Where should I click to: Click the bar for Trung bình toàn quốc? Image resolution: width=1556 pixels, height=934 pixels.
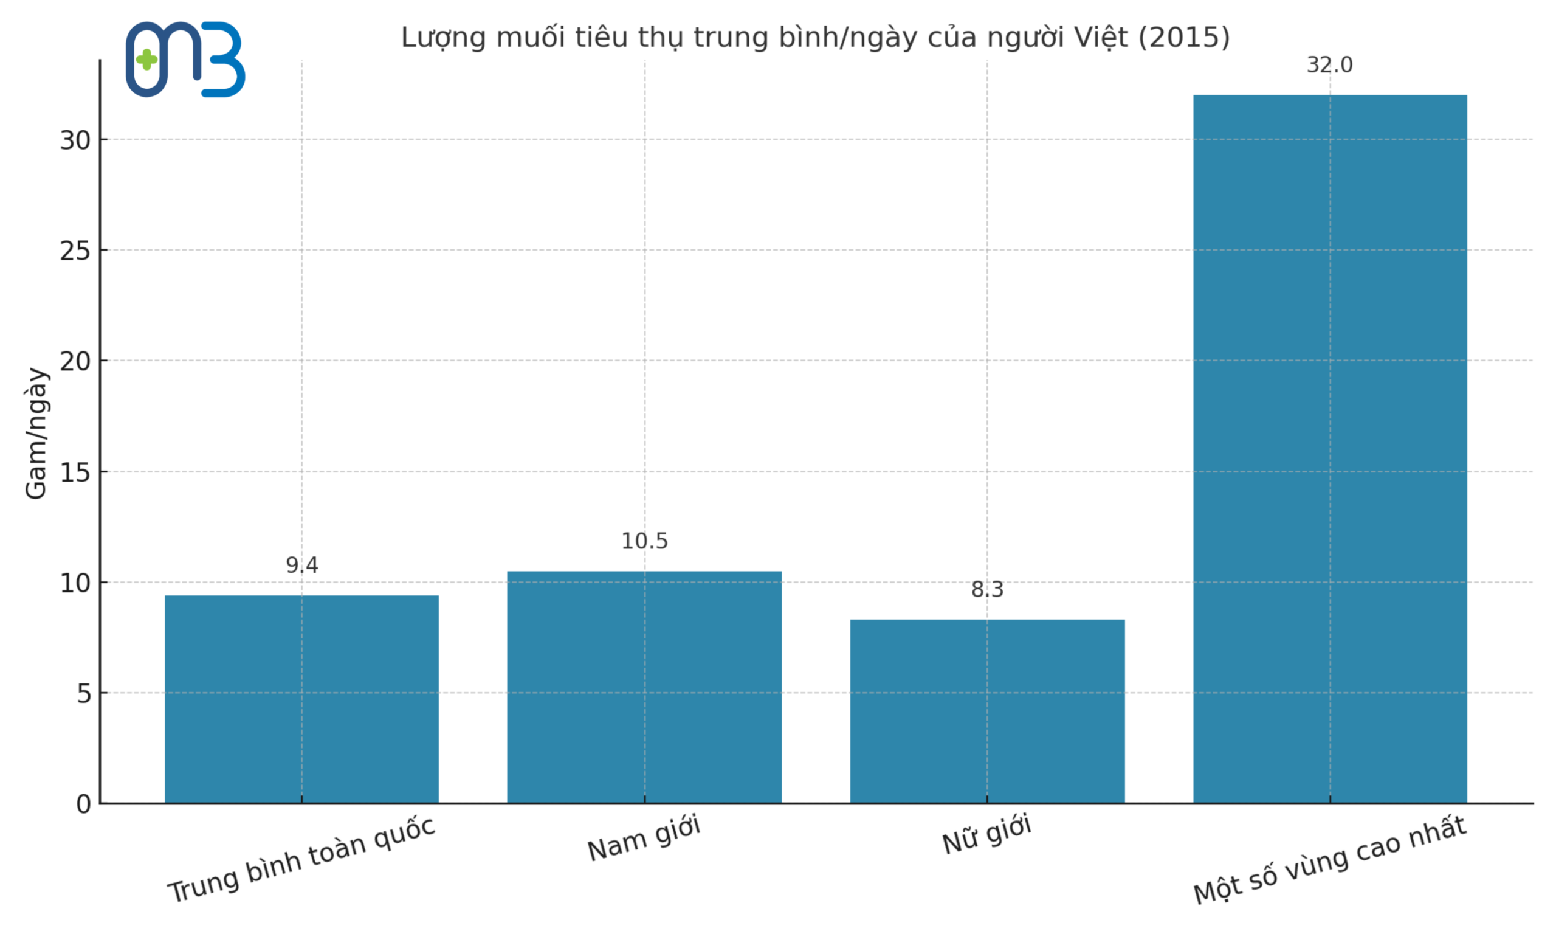[x=301, y=699]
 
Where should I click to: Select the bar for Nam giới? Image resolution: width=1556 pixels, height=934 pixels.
[x=644, y=687]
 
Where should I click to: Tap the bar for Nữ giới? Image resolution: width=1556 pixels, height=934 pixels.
[x=987, y=711]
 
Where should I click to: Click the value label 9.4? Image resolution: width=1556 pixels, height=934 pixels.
[x=302, y=565]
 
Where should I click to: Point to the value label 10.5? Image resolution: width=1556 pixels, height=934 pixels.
[x=644, y=541]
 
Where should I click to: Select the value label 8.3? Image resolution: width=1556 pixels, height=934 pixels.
[x=987, y=590]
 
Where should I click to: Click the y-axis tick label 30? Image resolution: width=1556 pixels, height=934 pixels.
[x=75, y=140]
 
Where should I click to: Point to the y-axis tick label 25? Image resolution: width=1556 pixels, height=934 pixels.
[x=75, y=251]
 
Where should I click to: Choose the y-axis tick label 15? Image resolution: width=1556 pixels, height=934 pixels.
[x=75, y=472]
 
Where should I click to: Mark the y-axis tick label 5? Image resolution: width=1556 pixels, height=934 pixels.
[x=84, y=694]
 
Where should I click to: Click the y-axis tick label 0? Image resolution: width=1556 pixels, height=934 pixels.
[x=84, y=804]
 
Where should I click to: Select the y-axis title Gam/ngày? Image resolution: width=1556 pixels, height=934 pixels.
[x=36, y=434]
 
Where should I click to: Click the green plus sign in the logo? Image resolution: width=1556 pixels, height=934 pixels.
[x=146, y=60]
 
